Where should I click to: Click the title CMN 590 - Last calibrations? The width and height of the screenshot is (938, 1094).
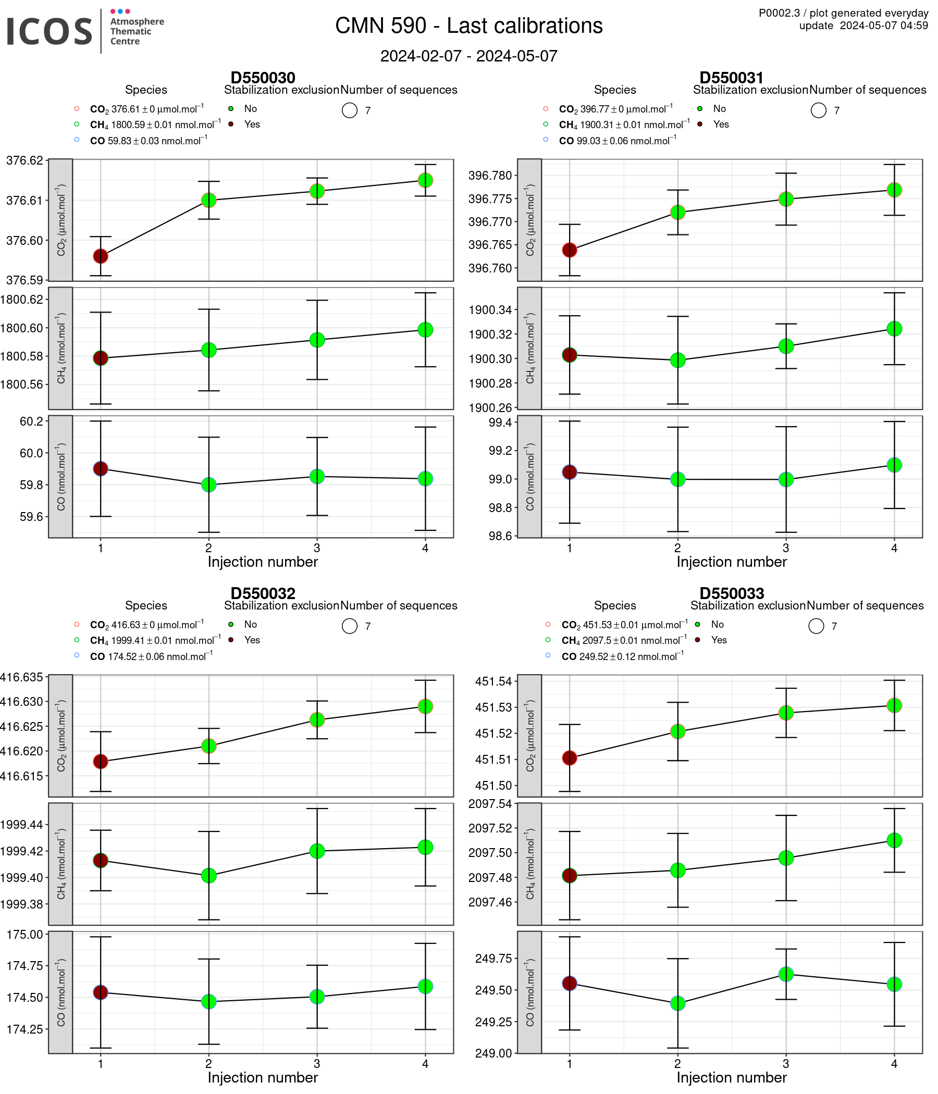point(468,26)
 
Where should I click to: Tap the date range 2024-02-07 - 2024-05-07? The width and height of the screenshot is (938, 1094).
point(468,56)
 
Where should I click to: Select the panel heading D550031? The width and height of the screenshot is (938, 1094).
point(731,78)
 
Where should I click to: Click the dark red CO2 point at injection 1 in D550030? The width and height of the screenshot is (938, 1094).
point(101,256)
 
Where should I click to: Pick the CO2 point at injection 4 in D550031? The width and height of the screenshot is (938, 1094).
point(894,190)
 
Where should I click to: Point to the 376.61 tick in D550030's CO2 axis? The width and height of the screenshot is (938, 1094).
point(24,200)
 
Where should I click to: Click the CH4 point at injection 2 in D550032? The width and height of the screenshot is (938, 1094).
point(208,875)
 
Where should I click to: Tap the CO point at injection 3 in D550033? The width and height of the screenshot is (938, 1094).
point(785,974)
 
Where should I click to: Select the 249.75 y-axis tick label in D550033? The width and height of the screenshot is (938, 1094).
point(493,959)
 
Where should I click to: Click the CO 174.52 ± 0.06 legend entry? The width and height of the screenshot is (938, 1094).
point(152,656)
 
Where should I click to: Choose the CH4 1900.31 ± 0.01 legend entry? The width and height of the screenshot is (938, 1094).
point(624,125)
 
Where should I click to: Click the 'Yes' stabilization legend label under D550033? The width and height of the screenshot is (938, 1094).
point(719,640)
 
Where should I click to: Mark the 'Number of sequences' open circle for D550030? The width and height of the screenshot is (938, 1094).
point(350,110)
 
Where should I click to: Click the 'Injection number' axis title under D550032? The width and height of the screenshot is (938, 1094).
point(263,1077)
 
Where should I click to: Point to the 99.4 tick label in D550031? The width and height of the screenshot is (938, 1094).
point(500,422)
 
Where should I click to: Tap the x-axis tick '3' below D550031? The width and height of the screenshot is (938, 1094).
point(785,548)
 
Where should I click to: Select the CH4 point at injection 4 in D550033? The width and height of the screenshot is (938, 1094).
point(894,840)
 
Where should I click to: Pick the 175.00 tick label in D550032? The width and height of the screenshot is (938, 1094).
point(24,934)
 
